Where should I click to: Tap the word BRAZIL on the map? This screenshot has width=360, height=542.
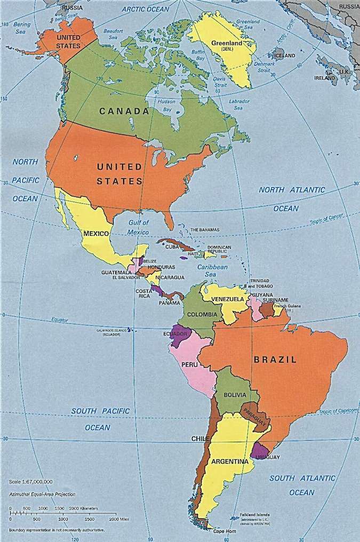275,360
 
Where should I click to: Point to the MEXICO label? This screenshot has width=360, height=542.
97,234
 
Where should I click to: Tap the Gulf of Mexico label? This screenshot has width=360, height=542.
138,227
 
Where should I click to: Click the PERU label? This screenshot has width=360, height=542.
190,364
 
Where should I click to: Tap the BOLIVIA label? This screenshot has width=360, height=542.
235,395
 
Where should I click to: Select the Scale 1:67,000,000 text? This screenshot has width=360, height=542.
31,482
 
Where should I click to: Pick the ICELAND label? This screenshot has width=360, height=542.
284,55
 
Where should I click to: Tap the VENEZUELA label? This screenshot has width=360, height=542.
227,299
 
